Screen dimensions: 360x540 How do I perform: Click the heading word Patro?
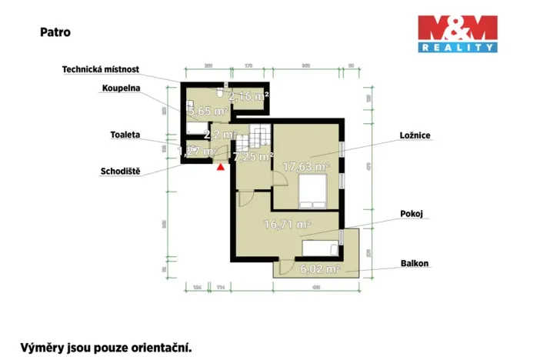pos(55,33)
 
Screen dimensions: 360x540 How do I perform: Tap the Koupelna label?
pos(120,88)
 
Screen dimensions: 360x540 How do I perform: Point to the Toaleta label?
pos(125,135)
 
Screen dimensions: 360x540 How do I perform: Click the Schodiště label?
pos(119,171)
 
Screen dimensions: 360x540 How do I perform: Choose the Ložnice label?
pos(415,135)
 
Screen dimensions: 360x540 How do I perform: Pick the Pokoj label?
pos(412,214)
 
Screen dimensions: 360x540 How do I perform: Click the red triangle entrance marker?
pos(221,165)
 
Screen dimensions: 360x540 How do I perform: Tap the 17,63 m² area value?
pos(305,166)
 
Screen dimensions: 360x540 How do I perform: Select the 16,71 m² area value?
pos(286,225)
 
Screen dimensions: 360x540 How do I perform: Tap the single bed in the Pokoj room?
pos(320,248)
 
